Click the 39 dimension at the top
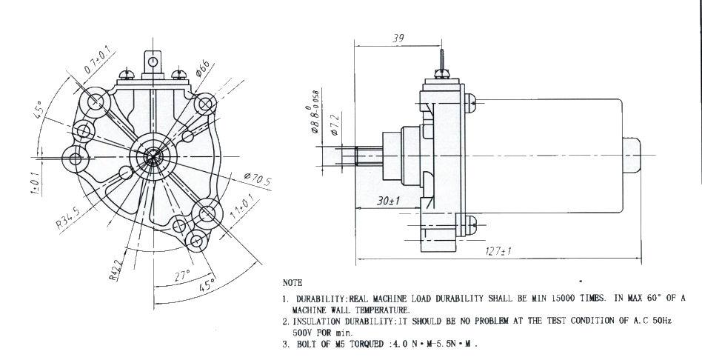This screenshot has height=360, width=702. tap(398, 39)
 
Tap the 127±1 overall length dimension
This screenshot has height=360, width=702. tap(498, 251)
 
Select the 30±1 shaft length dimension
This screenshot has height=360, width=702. tap(388, 201)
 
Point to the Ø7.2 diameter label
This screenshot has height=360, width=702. tap(335, 124)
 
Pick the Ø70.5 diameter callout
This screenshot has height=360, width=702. tap(258, 179)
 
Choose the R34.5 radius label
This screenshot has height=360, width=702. tap(68, 217)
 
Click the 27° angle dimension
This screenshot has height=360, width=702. tap(182, 275)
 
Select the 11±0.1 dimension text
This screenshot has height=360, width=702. tap(241, 207)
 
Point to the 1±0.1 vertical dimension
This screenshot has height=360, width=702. tap(36, 183)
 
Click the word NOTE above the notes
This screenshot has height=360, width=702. tap(292, 283)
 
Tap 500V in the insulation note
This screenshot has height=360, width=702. tap(301, 333)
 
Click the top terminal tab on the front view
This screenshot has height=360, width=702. tap(153, 64)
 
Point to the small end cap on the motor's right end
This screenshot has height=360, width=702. tap(631, 156)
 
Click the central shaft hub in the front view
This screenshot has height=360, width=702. tap(153, 157)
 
